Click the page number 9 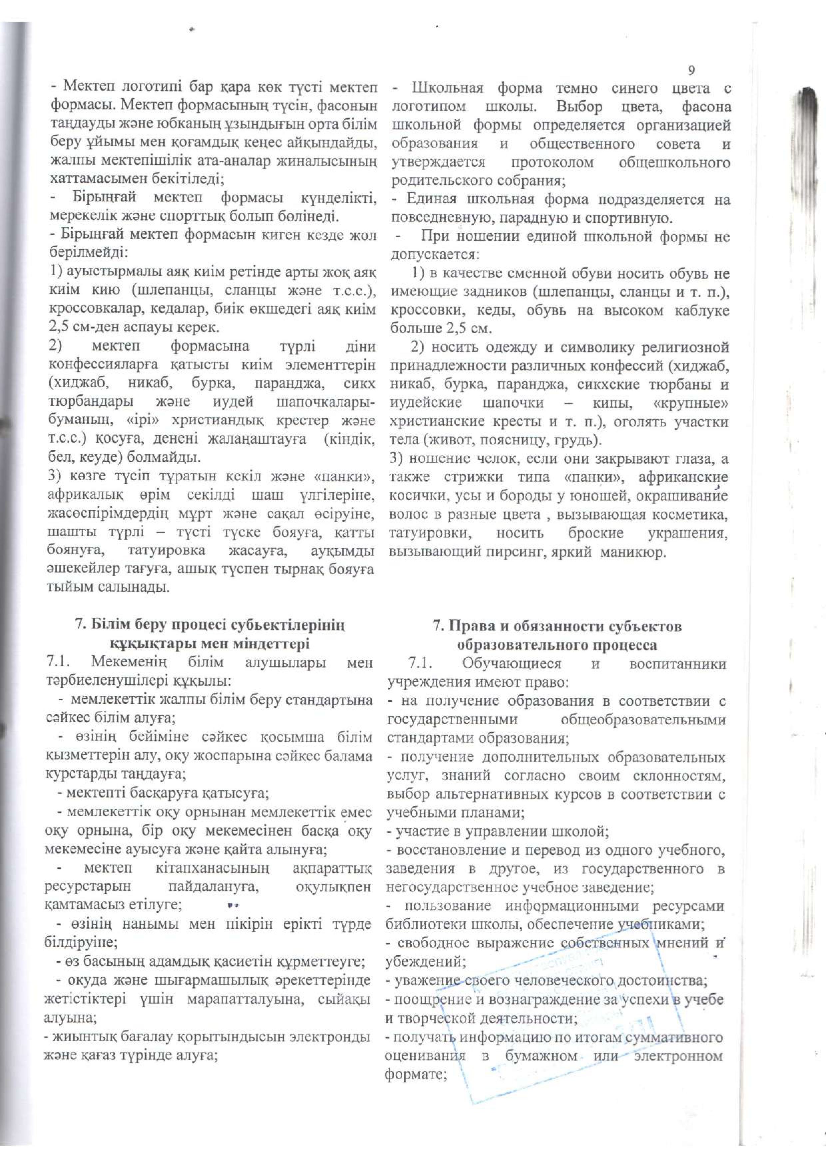(691, 70)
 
